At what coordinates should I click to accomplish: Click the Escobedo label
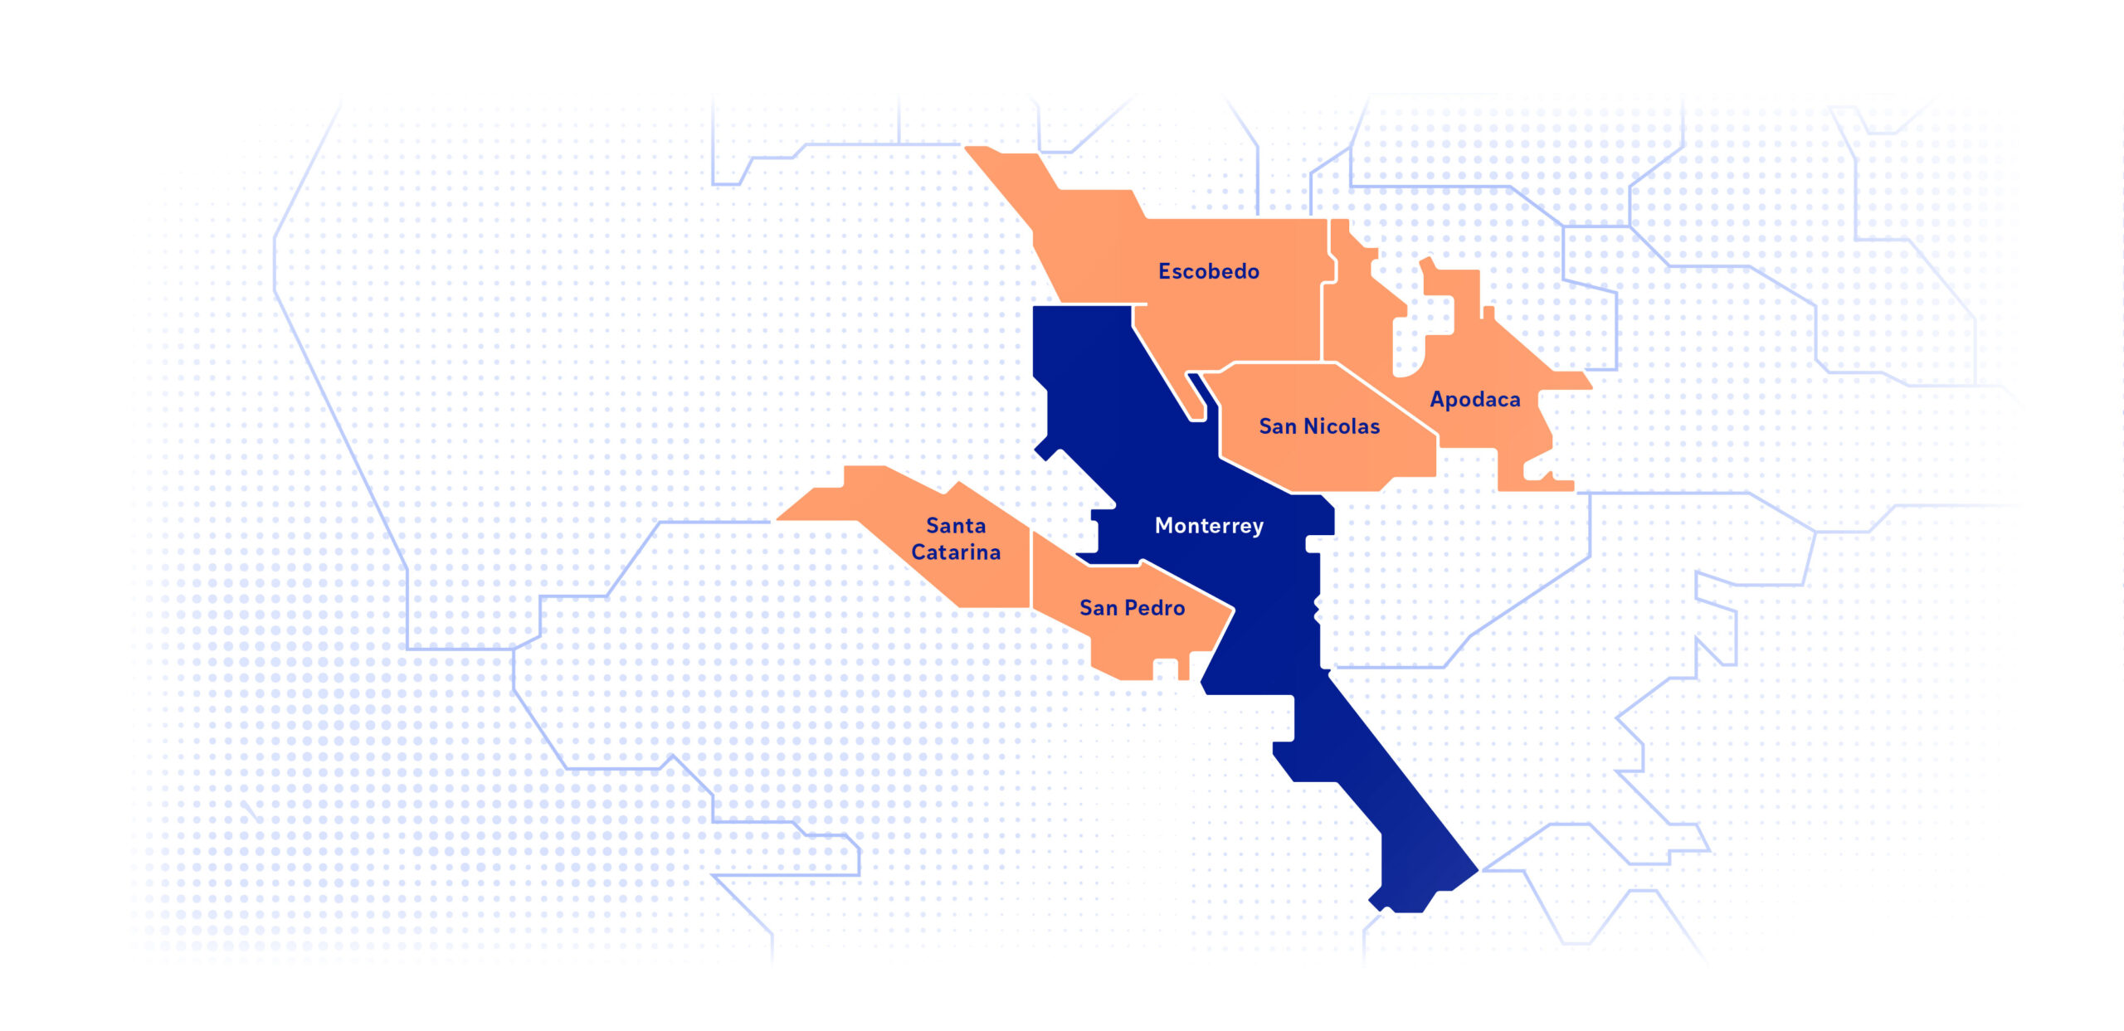1208,271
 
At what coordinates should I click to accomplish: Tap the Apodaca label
1474,400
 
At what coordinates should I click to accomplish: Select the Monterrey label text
1209,526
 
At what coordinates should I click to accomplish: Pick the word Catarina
956,552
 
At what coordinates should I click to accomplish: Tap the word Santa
956,526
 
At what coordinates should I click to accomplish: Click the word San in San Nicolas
1278,426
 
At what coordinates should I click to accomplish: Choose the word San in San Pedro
1098,608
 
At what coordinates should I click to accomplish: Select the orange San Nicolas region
1327,464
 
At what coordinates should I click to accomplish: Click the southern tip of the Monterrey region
1402,908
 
